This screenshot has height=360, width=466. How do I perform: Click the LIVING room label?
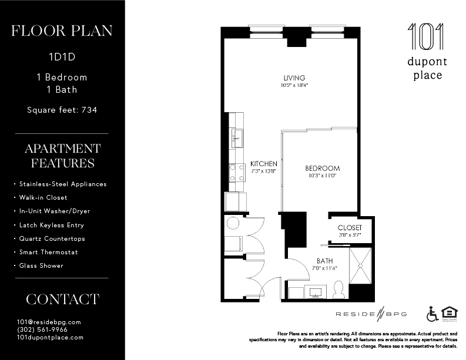click(x=294, y=78)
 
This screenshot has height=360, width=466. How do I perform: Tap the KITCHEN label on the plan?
click(x=263, y=163)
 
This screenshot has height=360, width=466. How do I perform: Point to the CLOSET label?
click(x=350, y=228)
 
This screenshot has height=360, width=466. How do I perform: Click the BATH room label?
click(x=324, y=261)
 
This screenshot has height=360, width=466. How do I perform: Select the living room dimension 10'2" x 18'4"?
click(x=294, y=86)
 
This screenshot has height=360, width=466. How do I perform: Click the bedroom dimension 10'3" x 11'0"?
click(x=323, y=176)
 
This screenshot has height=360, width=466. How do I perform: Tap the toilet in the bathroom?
click(x=338, y=289)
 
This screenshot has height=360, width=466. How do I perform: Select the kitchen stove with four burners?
click(x=237, y=172)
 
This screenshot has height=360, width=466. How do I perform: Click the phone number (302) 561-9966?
click(x=42, y=329)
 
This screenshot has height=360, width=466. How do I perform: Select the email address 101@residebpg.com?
click(x=49, y=322)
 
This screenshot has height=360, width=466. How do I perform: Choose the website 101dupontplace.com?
click(x=51, y=337)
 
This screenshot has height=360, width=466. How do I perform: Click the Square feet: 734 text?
click(x=62, y=109)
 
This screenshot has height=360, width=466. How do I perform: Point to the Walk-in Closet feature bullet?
click(x=43, y=197)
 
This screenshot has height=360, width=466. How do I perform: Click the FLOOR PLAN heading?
click(x=62, y=31)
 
